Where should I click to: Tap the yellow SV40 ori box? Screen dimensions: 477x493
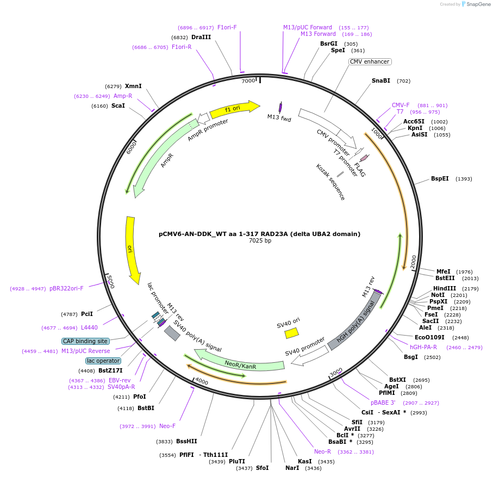[x=292, y=332]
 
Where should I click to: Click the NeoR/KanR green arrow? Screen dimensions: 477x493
[x=239, y=362]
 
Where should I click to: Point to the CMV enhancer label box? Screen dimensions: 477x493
[x=370, y=61]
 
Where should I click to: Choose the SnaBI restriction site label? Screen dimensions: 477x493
[x=381, y=80]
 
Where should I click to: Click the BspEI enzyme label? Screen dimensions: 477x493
[x=440, y=178]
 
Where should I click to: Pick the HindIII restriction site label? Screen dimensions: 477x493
[x=445, y=288]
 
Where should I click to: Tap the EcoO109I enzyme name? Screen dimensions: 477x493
[x=429, y=337]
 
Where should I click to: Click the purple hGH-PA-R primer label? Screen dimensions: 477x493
[x=423, y=347]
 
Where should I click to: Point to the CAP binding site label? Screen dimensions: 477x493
[x=85, y=341]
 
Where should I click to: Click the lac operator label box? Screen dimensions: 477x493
[x=103, y=361]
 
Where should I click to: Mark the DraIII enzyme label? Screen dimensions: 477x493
[x=201, y=37]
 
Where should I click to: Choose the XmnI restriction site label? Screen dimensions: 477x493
[x=133, y=86]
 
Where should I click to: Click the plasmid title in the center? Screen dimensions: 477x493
[x=259, y=234]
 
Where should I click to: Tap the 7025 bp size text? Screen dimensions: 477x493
[x=260, y=240]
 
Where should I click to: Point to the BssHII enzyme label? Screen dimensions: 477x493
[x=186, y=442]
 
